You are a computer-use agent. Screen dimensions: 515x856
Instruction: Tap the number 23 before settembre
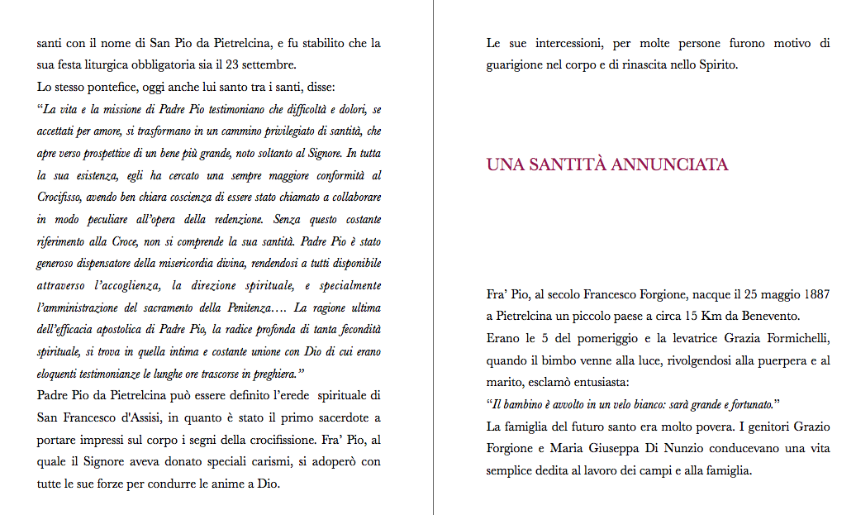pos(229,64)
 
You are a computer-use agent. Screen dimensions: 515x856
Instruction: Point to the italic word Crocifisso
pos(64,197)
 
